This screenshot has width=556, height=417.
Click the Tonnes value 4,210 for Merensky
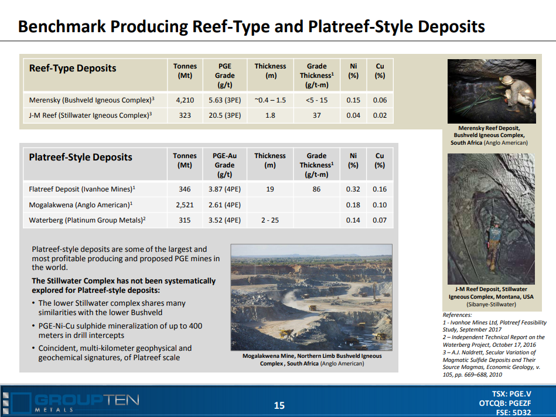[x=185, y=100]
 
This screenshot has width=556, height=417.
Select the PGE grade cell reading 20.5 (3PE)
[x=224, y=115]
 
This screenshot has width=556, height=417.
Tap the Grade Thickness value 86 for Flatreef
[x=316, y=189]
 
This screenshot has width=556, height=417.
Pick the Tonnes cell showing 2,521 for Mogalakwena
[x=185, y=204]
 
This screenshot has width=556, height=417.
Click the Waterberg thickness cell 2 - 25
[x=270, y=220]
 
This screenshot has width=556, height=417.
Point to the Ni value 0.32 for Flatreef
[x=353, y=189]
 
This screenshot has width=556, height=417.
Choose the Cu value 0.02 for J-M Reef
[x=380, y=115]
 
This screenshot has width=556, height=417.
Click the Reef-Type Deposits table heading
[x=73, y=68]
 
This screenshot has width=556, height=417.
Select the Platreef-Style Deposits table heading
[x=80, y=157]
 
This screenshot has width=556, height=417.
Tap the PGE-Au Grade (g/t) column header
[x=224, y=165]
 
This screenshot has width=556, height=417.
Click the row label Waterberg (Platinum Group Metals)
[x=87, y=220]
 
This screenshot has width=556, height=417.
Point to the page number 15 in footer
[x=279, y=405]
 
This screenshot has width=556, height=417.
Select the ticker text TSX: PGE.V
[x=511, y=394]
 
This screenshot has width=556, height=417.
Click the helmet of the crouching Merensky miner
[x=506, y=80]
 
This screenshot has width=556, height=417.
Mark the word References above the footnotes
[x=457, y=315]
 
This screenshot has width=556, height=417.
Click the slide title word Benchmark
[x=62, y=26]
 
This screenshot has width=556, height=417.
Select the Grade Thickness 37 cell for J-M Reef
[x=316, y=115]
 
